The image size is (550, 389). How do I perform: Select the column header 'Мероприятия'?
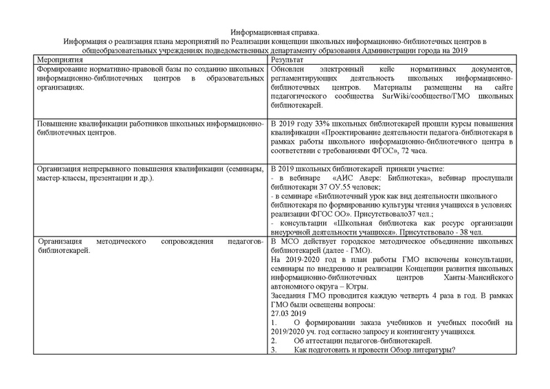(40, 60)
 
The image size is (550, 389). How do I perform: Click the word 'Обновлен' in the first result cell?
(291, 69)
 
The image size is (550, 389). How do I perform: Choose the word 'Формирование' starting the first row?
(44, 69)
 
